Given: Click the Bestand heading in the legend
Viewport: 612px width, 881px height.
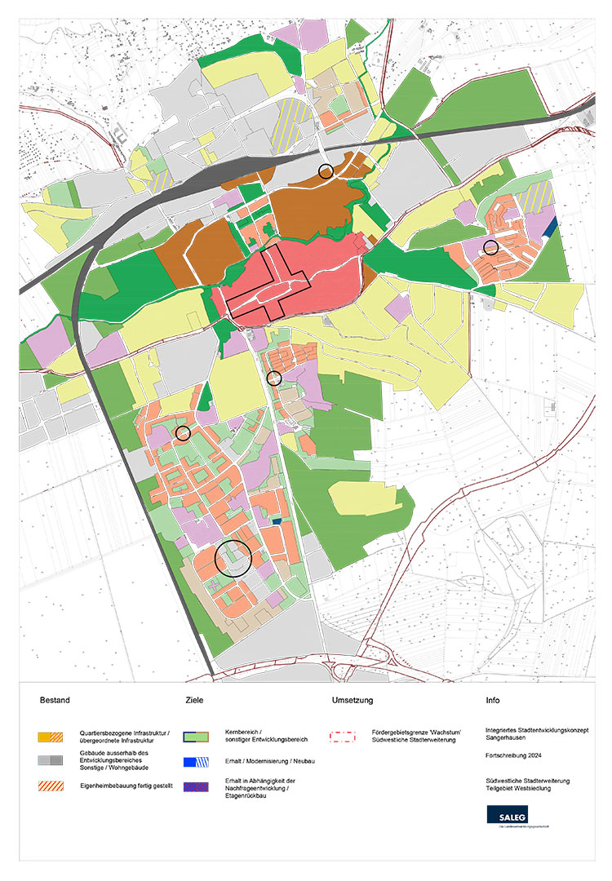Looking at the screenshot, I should click(55, 700).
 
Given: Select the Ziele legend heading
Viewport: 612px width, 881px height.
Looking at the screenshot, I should click(194, 700).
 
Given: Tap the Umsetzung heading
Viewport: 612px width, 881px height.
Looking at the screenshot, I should click(353, 700).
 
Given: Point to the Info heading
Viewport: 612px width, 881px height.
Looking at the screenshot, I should click(493, 700).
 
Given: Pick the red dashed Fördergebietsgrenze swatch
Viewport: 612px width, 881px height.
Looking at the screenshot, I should click(344, 735).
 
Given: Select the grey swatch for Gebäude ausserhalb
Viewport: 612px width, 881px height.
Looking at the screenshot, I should click(51, 760).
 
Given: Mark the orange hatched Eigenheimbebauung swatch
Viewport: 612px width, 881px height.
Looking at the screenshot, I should click(51, 786).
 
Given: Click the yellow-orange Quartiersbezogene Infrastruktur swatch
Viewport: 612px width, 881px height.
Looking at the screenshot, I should click(51, 735).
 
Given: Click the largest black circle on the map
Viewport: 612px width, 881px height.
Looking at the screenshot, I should click(234, 559).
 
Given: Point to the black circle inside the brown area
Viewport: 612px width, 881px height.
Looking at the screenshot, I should click(326, 170).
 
